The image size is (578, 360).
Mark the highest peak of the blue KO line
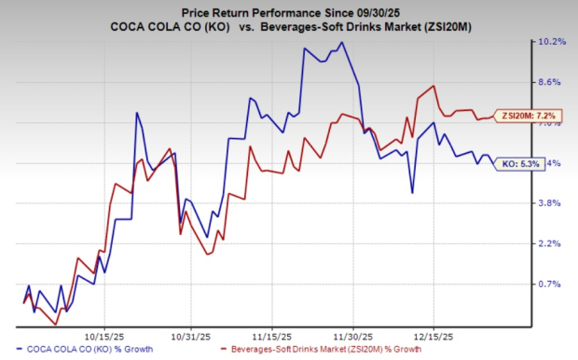342,42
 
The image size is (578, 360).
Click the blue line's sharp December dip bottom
412,193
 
